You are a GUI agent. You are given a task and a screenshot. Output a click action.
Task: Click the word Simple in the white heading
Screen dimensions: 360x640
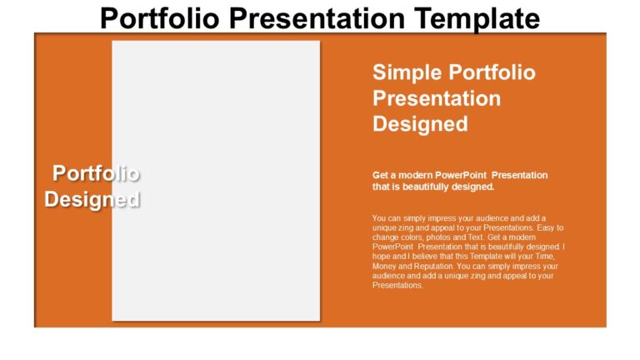point(405,72)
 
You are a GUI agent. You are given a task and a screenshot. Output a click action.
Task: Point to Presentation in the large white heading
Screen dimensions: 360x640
point(436,98)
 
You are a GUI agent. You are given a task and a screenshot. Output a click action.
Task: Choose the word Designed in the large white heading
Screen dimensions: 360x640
point(419,124)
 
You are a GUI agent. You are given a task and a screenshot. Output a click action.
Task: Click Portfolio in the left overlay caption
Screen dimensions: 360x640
point(96,173)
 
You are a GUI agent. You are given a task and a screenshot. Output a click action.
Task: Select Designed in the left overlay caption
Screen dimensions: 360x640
point(92,200)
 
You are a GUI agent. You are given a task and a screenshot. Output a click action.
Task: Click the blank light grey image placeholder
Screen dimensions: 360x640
point(216,180)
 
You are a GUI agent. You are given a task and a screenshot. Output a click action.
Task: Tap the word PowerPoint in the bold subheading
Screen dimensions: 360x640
point(457,175)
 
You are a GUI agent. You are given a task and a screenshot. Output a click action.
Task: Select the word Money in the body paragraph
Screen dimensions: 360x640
point(385,266)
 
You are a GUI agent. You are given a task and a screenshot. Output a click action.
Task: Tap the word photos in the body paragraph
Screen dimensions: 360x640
point(442,237)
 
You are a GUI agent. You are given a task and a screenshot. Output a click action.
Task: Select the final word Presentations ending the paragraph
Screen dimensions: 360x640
point(398,285)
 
